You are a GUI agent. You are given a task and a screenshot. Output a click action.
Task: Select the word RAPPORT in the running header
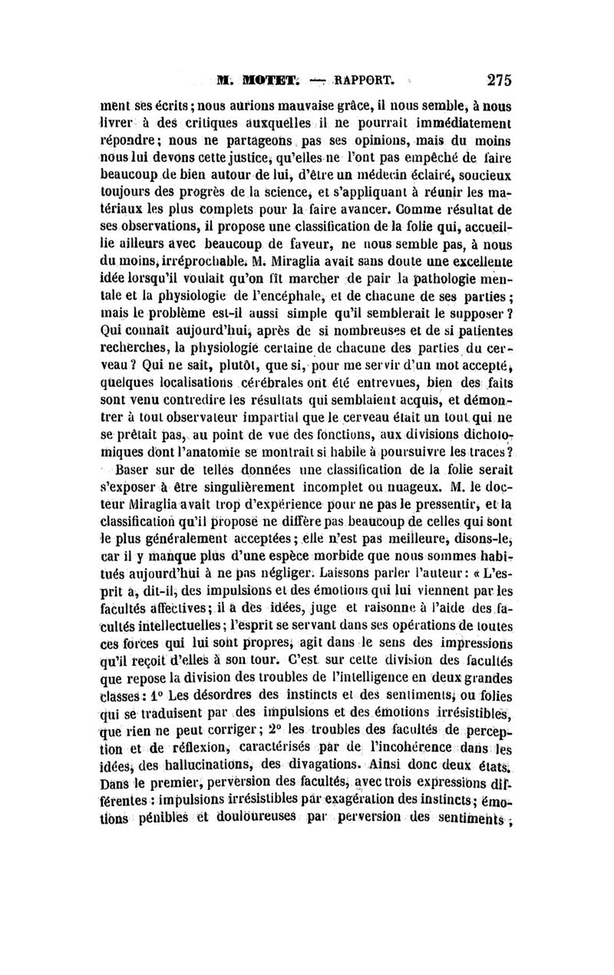pos(359,78)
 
